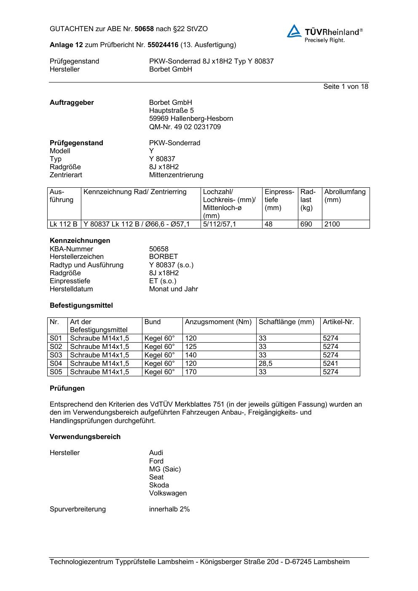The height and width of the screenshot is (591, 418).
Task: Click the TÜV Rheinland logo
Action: (324, 33)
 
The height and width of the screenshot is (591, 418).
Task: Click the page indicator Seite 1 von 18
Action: (346, 87)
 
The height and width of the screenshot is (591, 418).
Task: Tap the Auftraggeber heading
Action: (72, 103)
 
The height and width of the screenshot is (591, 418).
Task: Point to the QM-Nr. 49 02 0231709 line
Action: (185, 127)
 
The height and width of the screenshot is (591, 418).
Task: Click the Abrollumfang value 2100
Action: (332, 224)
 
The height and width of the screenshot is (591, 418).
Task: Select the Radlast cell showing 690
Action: (306, 224)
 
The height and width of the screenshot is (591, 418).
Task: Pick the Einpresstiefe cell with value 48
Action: (269, 224)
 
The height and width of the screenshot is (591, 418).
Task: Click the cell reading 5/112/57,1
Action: (220, 224)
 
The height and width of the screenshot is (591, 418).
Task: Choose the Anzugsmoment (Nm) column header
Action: (218, 322)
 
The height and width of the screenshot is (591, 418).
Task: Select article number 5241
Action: (330, 364)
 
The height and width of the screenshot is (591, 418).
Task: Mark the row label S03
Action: (56, 355)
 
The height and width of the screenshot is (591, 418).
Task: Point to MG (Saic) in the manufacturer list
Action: (165, 469)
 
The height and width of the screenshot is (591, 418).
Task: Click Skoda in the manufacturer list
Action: (159, 485)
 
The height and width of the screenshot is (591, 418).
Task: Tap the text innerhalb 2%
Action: (169, 509)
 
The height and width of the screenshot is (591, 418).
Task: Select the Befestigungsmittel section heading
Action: (81, 306)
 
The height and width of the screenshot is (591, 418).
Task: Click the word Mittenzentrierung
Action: (176, 175)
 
